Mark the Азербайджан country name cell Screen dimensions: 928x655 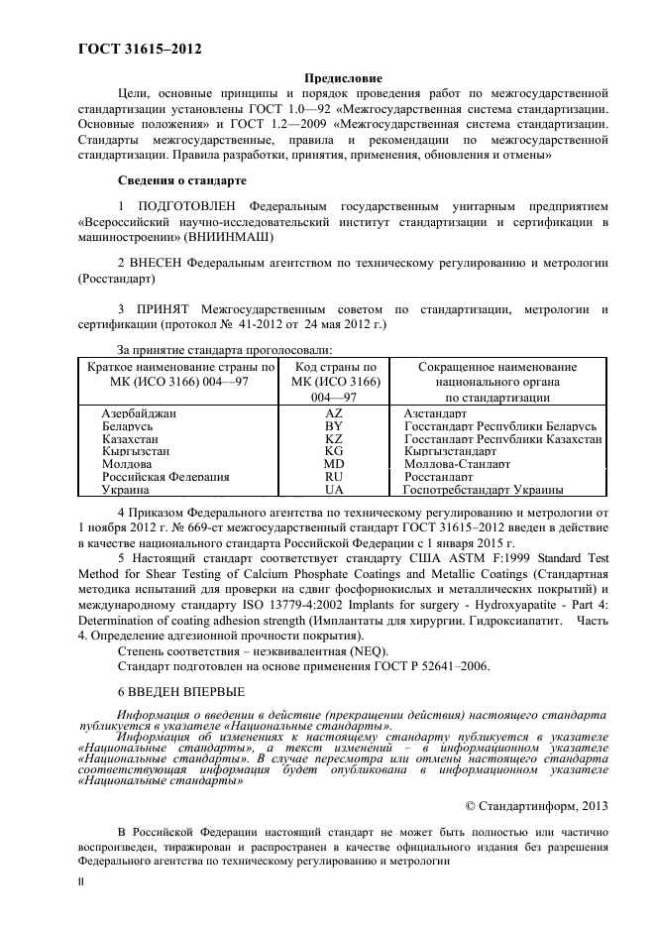pos(139,412)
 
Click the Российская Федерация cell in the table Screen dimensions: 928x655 pos(165,477)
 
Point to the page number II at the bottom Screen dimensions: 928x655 pos(82,879)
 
